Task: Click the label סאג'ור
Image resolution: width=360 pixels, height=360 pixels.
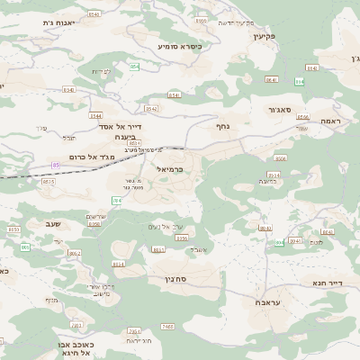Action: tap(280, 110)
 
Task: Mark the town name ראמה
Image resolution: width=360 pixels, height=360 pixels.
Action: tap(330, 121)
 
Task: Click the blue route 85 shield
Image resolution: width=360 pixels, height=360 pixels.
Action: tap(56, 166)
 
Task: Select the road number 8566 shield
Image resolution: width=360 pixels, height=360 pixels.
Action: tap(302, 117)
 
